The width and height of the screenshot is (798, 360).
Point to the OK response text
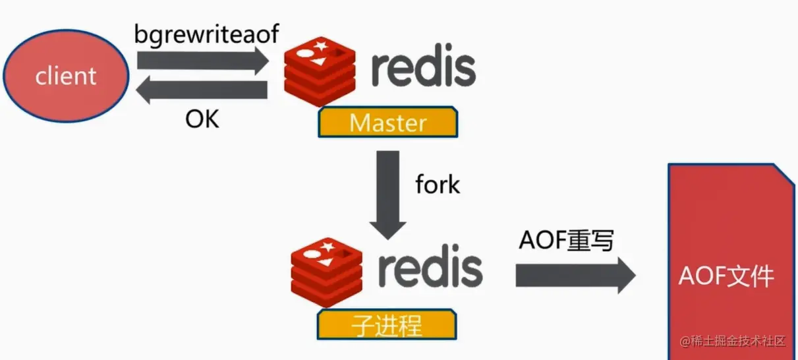pyautogui.click(x=202, y=120)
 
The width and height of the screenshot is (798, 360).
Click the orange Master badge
pyautogui.click(x=388, y=123)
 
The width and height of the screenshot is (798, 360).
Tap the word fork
pyautogui.click(x=438, y=185)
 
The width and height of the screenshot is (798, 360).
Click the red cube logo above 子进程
pyautogui.click(x=327, y=273)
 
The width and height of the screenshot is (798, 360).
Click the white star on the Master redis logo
pyautogui.click(x=320, y=47)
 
